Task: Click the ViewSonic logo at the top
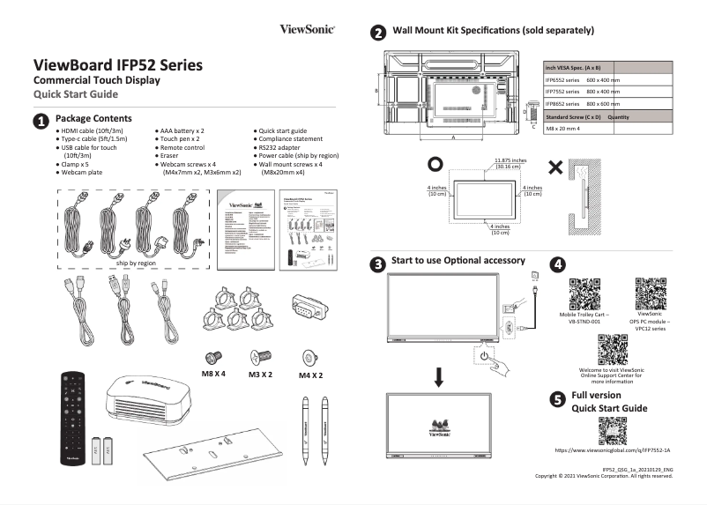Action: tap(307, 30)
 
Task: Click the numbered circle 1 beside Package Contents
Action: tap(41, 120)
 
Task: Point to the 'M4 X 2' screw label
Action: tap(309, 375)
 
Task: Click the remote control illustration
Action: tap(72, 418)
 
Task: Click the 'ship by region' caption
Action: tap(136, 263)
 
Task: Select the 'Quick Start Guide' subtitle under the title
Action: tap(75, 94)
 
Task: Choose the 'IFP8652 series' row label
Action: tap(562, 104)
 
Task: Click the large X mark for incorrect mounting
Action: tap(556, 167)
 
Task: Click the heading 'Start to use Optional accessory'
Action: tap(458, 261)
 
